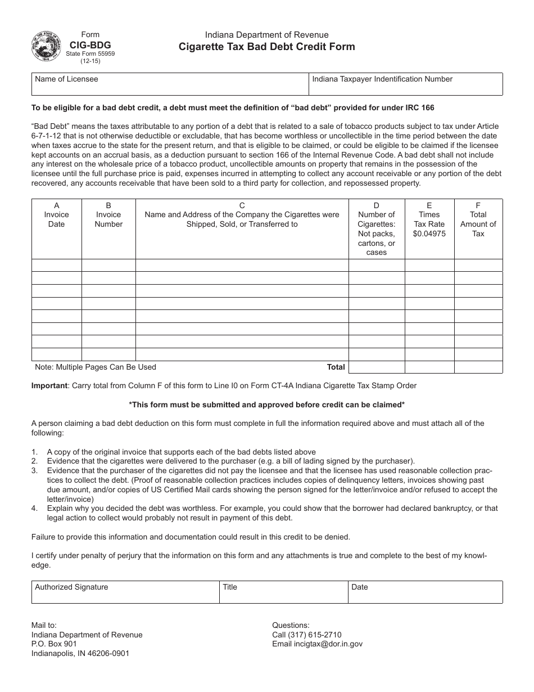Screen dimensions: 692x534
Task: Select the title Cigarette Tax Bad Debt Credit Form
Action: point(266,47)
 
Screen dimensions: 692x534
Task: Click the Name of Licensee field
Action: point(169,84)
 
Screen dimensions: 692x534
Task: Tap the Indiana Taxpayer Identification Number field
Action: point(405,84)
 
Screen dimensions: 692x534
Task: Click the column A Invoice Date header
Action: point(56,215)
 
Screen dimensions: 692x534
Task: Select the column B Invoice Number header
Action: point(108,215)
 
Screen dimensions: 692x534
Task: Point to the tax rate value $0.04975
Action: point(429,233)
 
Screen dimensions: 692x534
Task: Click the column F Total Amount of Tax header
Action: point(478,219)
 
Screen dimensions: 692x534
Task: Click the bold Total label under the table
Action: point(336,367)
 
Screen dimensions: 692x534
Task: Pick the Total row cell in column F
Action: point(478,367)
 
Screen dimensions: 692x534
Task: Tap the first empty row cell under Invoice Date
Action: point(56,265)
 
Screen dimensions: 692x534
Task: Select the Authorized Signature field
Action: point(125,592)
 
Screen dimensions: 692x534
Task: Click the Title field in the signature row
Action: point(283,592)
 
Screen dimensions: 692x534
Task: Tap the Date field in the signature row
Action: point(425,592)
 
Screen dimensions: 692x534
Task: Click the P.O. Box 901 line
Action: point(55,644)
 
